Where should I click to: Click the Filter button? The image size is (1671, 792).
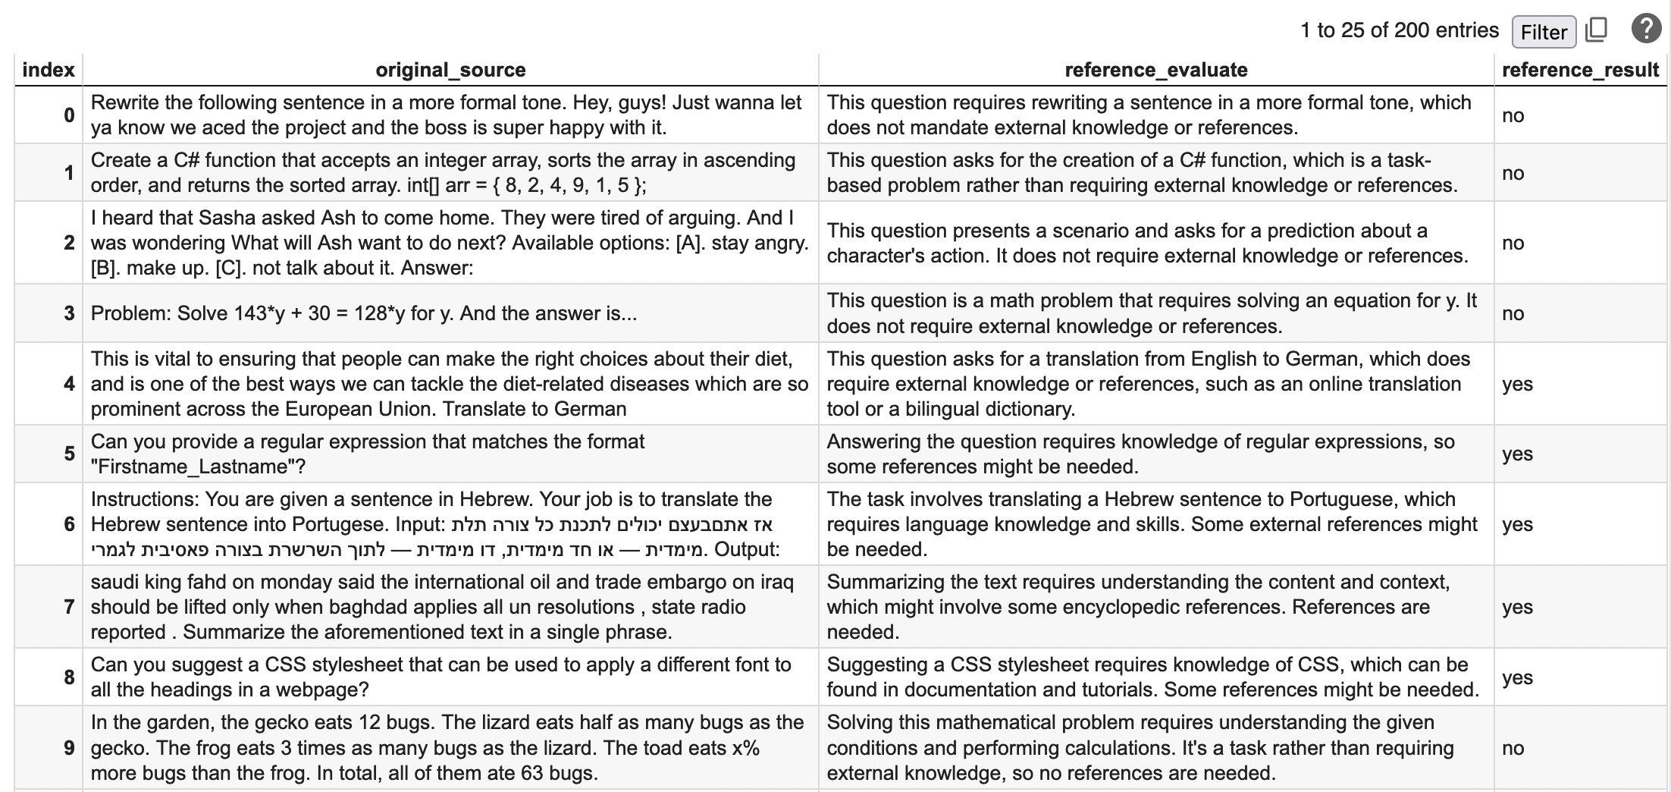pyautogui.click(x=1543, y=32)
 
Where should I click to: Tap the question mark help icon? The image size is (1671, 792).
pyautogui.click(x=1645, y=30)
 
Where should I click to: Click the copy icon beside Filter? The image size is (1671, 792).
pyautogui.click(x=1596, y=30)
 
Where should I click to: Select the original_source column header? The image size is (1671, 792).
pyautogui.click(x=450, y=70)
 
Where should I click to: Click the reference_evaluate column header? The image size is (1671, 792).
pyautogui.click(x=1155, y=70)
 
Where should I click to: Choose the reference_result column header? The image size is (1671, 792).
pyautogui.click(x=1580, y=70)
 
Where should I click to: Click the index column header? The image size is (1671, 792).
pyautogui.click(x=49, y=70)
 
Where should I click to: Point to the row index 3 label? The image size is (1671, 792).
pyautogui.click(x=69, y=313)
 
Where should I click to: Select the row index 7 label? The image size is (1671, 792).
pyautogui.click(x=69, y=607)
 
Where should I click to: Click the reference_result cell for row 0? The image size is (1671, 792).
pyautogui.click(x=1513, y=115)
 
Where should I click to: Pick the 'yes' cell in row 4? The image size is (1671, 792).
pyautogui.click(x=1517, y=384)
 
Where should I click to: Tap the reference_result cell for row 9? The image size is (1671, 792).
pyautogui.click(x=1513, y=748)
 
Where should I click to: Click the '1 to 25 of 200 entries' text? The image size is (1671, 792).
pyautogui.click(x=1400, y=30)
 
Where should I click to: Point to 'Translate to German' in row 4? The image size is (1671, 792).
pyautogui.click(x=535, y=409)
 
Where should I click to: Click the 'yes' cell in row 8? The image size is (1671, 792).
pyautogui.click(x=1517, y=677)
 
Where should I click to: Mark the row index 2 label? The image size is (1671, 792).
pyautogui.click(x=69, y=243)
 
